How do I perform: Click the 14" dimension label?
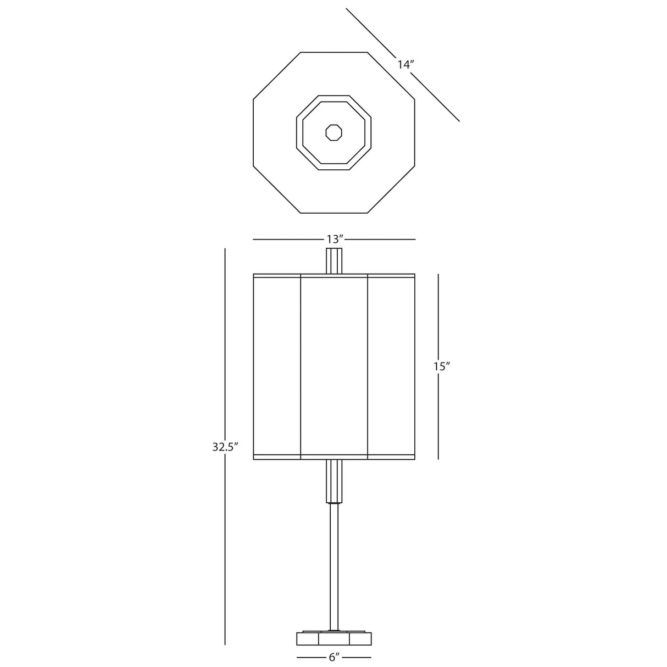pyautogui.click(x=405, y=65)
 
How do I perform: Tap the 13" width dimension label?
pyautogui.click(x=335, y=239)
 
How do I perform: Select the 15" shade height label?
pyautogui.click(x=442, y=366)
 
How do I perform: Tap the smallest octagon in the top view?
pyautogui.click(x=334, y=132)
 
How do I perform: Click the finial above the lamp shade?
pyautogui.click(x=335, y=261)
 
